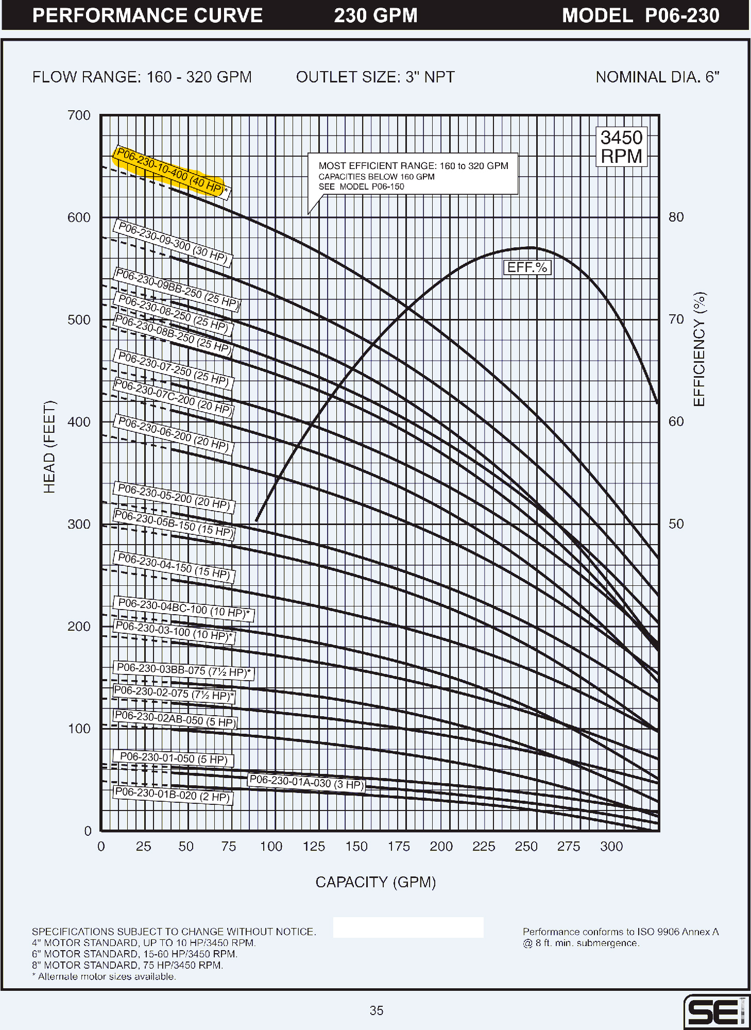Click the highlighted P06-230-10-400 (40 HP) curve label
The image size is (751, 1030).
pos(170,172)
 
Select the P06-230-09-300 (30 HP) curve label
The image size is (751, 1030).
pos(173,244)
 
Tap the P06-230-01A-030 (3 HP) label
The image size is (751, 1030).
pos(306,783)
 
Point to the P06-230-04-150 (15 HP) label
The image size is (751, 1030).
pos(174,566)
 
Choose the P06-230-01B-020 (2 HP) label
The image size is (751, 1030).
pos(173,795)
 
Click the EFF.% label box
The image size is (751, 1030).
pos(527,267)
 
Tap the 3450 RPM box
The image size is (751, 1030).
pos(621,147)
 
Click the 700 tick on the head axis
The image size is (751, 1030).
pos(79,115)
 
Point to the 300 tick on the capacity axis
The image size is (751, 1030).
pos(611,847)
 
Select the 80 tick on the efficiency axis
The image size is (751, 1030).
pos(676,217)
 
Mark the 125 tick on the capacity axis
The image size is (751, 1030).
pos(314,847)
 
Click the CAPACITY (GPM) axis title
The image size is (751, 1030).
pos(375,882)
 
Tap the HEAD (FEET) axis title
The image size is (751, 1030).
pos(49,447)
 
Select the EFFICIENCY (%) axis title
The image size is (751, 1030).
pos(699,349)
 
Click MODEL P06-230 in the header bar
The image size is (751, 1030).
pos(640,15)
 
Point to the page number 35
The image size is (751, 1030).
pos(377,1010)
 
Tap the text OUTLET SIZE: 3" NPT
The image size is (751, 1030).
pos(375,77)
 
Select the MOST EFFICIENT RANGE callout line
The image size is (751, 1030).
pos(413,166)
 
